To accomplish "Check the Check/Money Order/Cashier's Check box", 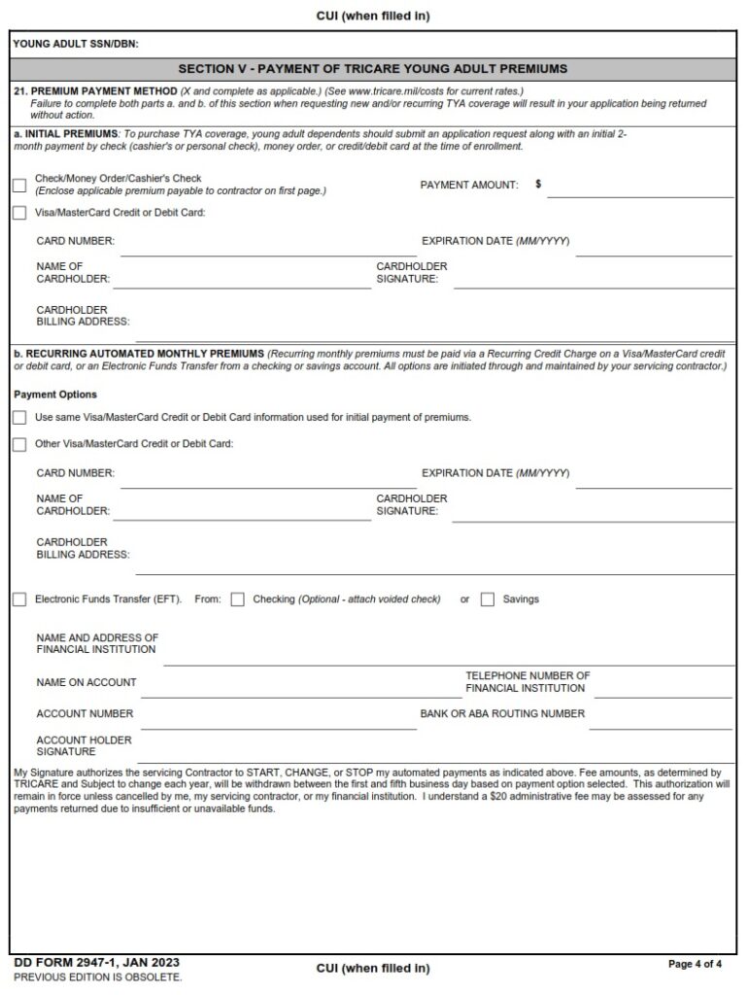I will coord(19,186).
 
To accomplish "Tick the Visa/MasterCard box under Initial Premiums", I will coord(19,213).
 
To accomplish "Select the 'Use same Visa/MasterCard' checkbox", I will coord(19,417).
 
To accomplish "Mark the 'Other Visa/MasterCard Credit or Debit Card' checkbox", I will coord(19,444).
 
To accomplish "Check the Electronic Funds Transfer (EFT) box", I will coord(19,600).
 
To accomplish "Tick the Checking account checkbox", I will coord(237,600).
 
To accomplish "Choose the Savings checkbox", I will coord(488,600).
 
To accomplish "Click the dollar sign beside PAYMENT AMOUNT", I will coord(538,184).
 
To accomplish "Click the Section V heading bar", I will coord(373,69).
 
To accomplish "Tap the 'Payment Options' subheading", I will coord(55,395).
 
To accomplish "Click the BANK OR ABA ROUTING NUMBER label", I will coord(502,713).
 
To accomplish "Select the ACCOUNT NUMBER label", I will coord(85,713).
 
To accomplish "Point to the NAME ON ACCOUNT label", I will coord(86,682).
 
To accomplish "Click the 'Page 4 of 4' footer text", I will coord(695,964).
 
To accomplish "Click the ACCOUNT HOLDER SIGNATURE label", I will coord(84,745).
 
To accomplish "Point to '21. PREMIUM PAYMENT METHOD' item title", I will coord(95,90).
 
